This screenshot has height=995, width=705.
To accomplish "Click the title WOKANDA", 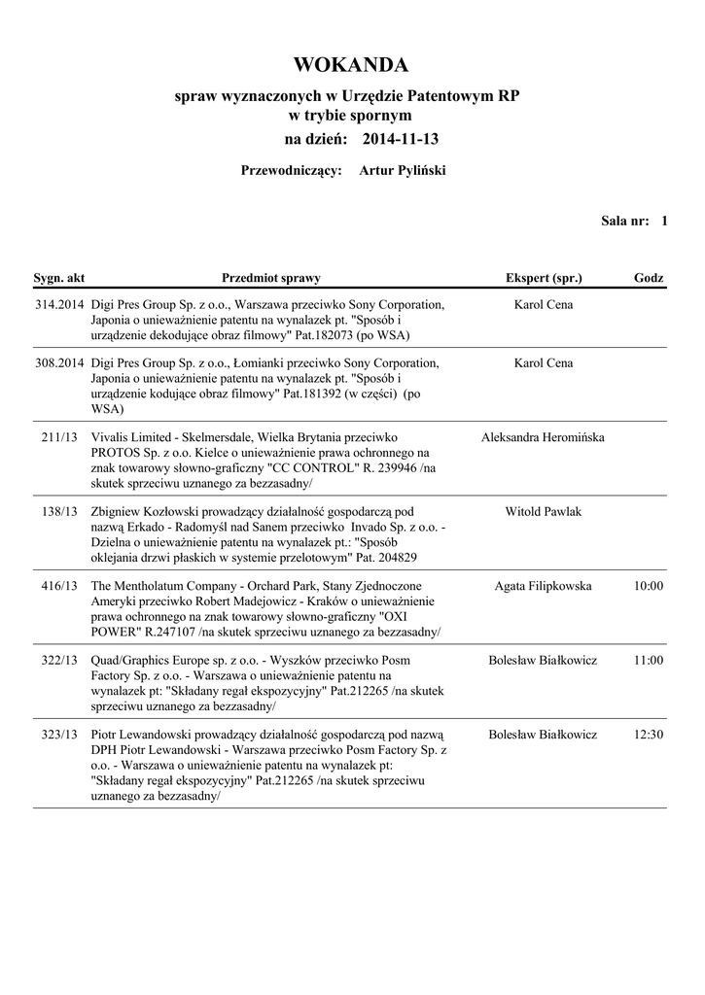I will [351, 65].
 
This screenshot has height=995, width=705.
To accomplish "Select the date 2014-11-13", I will [401, 140].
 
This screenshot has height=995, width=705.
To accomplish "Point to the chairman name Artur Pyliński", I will [403, 171].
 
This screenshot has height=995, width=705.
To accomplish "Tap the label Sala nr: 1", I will [634, 222].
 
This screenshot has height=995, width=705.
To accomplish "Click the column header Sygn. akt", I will [59, 278].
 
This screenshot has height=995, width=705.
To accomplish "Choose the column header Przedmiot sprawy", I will [271, 278].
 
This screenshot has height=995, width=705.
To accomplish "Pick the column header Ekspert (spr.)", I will [544, 278].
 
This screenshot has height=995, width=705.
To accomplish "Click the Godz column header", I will [649, 278].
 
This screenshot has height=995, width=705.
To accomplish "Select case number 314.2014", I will [59, 305].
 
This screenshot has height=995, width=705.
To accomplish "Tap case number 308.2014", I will [59, 363].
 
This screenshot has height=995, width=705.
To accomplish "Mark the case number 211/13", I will [59, 437].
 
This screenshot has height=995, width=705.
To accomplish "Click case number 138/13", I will [59, 511].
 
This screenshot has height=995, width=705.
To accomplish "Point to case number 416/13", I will [59, 586].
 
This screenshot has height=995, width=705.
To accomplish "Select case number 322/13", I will [59, 660].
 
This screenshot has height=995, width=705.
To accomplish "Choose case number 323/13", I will [59, 735].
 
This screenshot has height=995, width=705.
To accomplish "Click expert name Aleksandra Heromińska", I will [543, 437].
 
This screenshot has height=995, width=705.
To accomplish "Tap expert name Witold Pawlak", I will [544, 511].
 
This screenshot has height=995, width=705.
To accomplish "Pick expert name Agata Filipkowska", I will [543, 586].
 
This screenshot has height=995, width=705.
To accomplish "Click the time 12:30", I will [648, 735].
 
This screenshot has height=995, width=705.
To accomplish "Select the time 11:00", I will [648, 660].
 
